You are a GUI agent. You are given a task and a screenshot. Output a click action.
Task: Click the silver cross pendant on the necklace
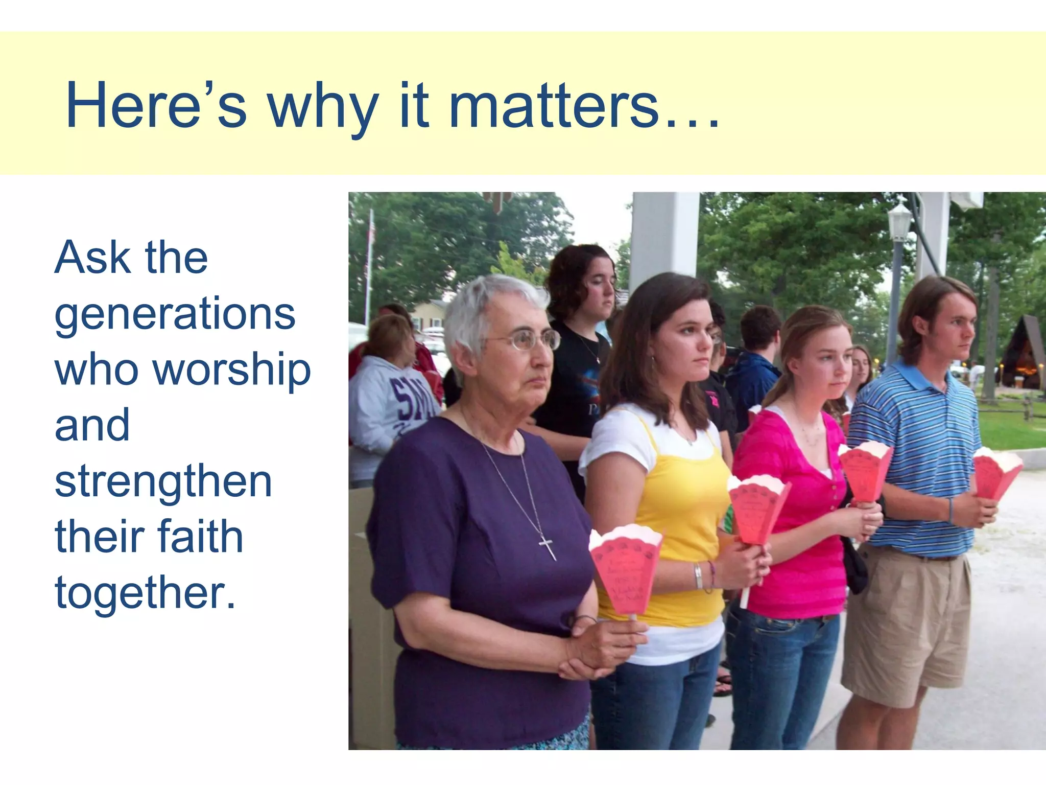[548, 547]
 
